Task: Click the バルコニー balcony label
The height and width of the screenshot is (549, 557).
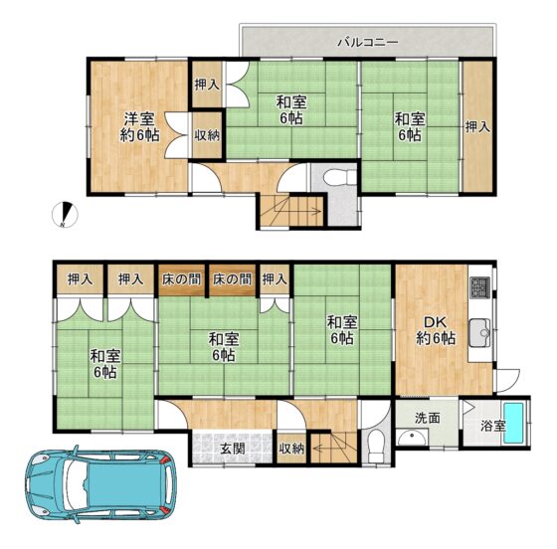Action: click(368, 43)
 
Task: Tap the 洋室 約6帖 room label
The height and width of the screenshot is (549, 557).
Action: click(139, 126)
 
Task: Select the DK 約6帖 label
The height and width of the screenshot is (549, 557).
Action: click(436, 330)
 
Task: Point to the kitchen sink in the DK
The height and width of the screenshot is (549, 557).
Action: click(479, 333)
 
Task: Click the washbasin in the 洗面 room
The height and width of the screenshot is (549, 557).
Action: click(412, 438)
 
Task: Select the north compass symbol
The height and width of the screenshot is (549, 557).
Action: click(65, 215)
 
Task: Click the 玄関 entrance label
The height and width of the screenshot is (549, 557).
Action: click(233, 449)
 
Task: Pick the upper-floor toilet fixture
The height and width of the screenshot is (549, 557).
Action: click(340, 177)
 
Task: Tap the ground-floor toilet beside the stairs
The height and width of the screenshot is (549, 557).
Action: click(376, 446)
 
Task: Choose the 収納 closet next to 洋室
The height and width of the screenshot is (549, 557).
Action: click(207, 135)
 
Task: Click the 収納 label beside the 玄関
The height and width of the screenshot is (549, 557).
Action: click(291, 449)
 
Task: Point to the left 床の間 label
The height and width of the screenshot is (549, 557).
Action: click(181, 279)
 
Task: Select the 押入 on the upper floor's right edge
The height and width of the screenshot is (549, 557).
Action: click(477, 126)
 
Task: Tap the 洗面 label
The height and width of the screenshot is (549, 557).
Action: click(428, 418)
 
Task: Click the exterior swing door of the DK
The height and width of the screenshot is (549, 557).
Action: click(507, 381)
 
